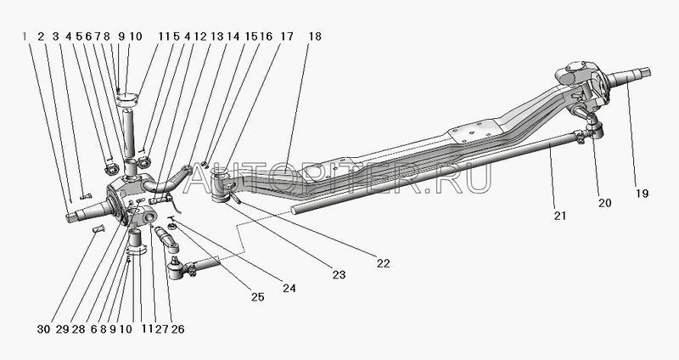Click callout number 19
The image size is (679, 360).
(x=643, y=194)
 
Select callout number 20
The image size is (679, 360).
(x=604, y=202)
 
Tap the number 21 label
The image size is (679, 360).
(x=560, y=216)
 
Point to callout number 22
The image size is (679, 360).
(x=384, y=263)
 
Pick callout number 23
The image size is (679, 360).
(x=339, y=274)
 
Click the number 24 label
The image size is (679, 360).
(x=289, y=288)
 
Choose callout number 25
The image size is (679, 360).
(x=257, y=297)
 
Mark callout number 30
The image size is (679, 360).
(x=43, y=329)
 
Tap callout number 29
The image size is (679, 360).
(x=62, y=329)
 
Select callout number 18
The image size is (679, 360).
(x=315, y=37)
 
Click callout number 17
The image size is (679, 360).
(x=286, y=37)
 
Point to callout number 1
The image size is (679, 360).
(x=25, y=37)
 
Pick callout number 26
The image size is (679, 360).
(x=177, y=329)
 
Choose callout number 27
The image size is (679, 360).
(x=162, y=329)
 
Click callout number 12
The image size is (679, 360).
(x=200, y=37)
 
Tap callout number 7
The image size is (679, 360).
(x=97, y=37)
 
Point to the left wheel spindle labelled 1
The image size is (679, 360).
(x=90, y=211)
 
